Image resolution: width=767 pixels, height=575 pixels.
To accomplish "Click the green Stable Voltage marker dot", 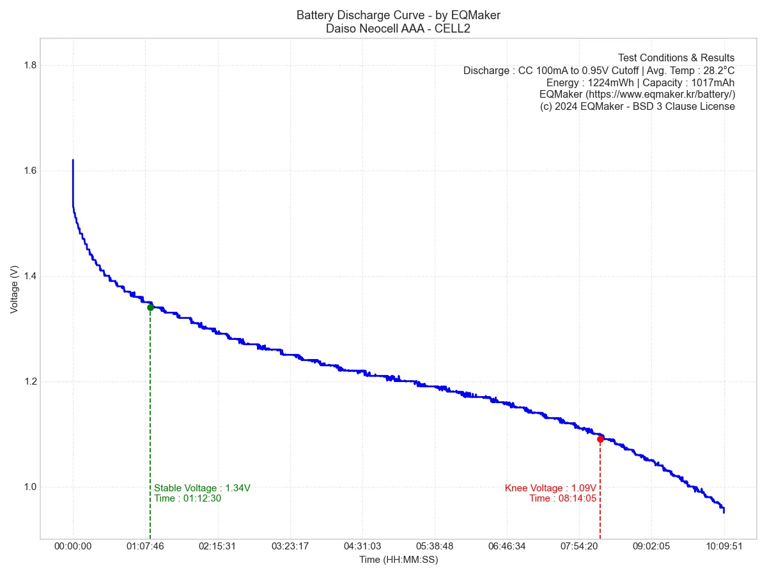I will click(150, 307).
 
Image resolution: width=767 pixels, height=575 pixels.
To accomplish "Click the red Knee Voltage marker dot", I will click(600, 439).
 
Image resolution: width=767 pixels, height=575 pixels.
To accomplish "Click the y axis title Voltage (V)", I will click(15, 289).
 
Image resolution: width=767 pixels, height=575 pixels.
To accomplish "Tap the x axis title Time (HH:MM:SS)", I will click(398, 560).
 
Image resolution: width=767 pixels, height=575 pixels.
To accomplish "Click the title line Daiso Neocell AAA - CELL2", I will click(398, 29).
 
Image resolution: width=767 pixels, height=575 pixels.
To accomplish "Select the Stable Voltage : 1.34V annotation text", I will click(202, 488).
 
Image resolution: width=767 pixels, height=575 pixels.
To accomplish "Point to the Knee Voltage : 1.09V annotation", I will click(550, 488).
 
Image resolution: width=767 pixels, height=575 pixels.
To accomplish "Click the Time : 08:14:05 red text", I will click(562, 498).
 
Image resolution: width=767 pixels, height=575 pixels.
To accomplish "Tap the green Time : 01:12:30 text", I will click(188, 498).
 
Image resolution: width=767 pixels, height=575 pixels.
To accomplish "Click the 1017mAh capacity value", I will click(713, 82).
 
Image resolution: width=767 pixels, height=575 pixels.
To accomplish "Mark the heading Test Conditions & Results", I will click(676, 58).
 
